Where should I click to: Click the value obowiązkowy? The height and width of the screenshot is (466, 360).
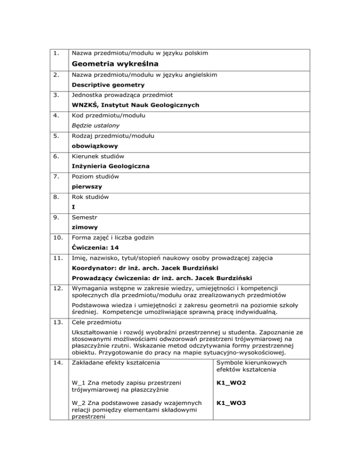(95, 146)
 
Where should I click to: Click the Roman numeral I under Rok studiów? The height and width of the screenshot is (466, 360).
(74, 206)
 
